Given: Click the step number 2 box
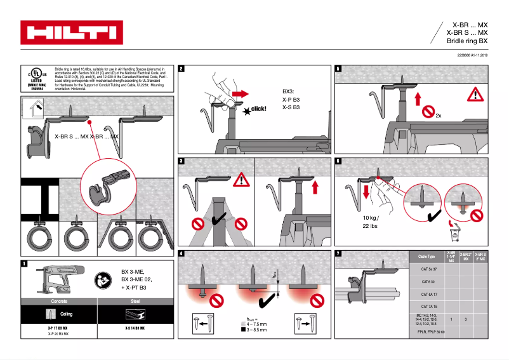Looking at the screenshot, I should (x=182, y=69).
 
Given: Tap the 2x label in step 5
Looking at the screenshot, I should (x=438, y=116).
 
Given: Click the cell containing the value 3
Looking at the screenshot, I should (x=466, y=319).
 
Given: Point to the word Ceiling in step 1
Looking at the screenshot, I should (x=67, y=314).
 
